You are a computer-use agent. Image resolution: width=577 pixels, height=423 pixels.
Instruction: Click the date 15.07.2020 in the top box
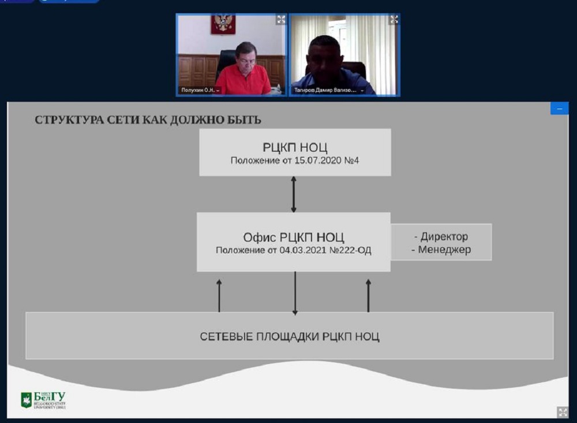(x=315, y=160)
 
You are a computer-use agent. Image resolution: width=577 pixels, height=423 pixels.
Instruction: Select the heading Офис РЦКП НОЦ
(x=294, y=237)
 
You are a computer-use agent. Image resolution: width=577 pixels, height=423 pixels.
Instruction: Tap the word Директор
(x=444, y=237)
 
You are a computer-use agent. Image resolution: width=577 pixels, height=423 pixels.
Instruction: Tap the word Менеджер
(x=444, y=250)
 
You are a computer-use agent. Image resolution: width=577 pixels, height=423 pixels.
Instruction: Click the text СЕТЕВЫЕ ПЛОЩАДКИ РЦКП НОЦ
(x=290, y=336)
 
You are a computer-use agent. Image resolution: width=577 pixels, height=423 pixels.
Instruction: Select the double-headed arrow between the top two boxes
(x=294, y=194)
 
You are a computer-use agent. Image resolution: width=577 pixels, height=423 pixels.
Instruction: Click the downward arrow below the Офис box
(x=295, y=293)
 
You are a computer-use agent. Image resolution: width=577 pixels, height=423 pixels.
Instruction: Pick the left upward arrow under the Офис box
(x=219, y=295)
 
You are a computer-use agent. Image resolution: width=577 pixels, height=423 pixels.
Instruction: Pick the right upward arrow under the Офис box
(x=368, y=295)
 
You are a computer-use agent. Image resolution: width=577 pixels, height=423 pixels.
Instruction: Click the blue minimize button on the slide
(x=559, y=109)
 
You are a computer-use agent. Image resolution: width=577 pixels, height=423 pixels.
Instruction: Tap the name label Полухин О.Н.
(x=198, y=90)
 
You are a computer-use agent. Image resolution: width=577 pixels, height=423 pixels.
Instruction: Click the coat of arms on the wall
(x=222, y=24)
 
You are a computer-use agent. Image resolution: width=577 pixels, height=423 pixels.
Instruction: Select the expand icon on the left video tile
(x=281, y=20)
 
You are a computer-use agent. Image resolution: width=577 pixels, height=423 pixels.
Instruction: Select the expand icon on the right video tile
(x=394, y=20)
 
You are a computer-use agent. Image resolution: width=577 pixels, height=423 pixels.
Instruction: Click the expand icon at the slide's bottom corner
(x=562, y=411)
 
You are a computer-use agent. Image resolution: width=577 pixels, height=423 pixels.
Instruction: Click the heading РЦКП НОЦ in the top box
(x=294, y=147)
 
